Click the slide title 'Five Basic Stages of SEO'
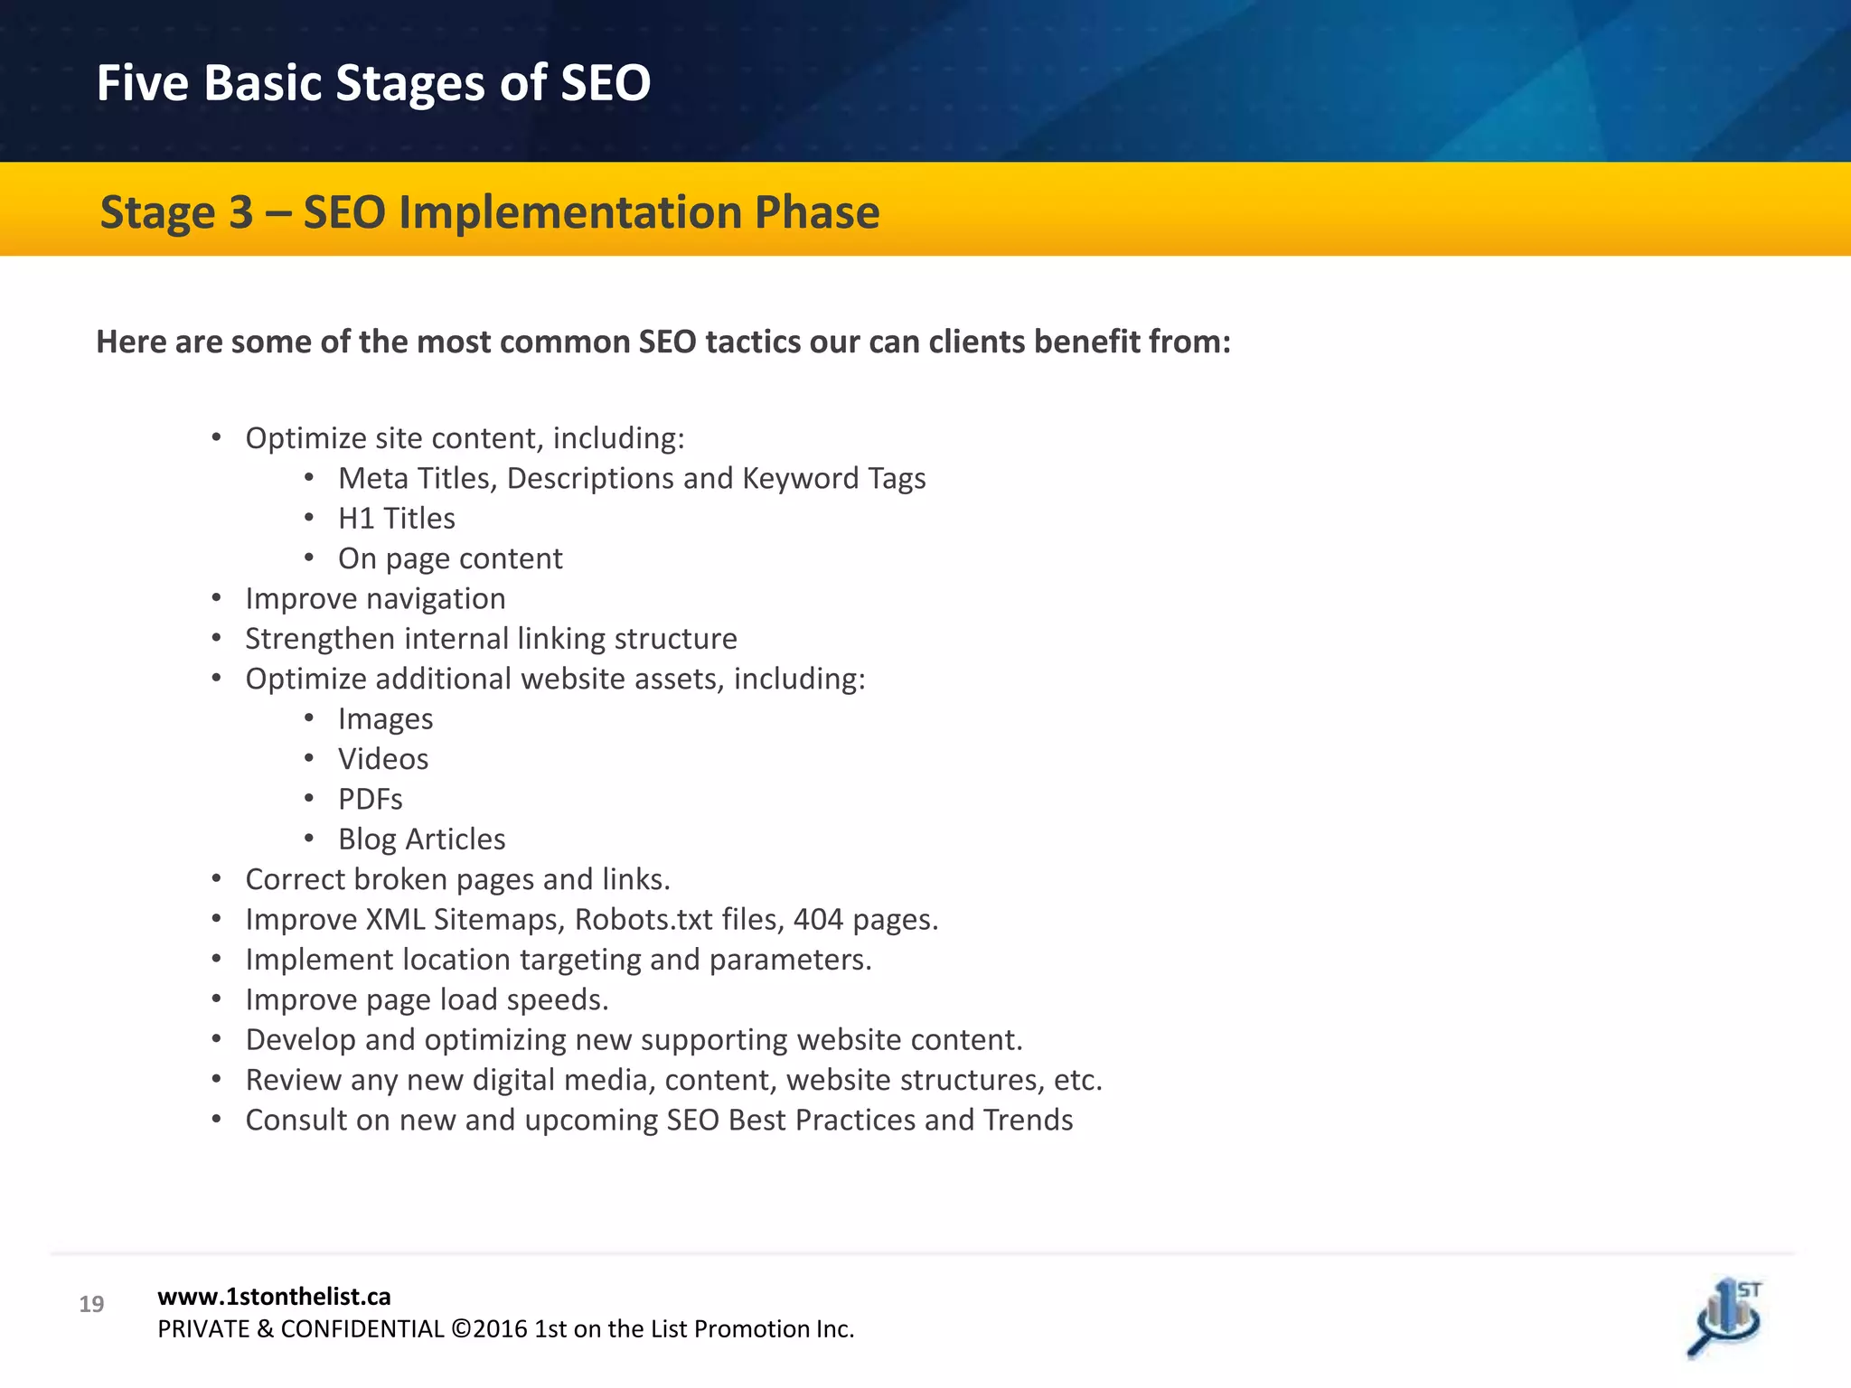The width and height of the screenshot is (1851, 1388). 373,83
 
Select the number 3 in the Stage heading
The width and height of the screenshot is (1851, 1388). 240,213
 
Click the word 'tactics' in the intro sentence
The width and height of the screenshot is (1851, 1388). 753,342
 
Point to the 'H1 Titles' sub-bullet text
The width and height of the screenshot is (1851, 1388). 396,519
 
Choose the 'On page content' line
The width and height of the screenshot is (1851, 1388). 450,559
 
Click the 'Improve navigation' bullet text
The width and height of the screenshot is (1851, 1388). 375,599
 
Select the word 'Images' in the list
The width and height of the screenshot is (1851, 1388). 385,719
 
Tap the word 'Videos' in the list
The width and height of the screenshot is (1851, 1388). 383,759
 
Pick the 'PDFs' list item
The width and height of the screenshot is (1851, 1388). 370,800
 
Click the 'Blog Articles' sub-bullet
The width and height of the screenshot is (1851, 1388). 421,839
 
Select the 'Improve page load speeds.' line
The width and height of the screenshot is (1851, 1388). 427,1000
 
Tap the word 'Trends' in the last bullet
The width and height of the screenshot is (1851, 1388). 1028,1121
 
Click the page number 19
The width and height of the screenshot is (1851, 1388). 91,1304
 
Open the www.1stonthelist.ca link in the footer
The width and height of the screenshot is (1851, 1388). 274,1297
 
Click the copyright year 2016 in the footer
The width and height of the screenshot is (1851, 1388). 500,1329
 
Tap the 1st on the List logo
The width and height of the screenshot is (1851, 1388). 1725,1318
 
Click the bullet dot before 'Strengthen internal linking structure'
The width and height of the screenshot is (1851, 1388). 217,639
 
